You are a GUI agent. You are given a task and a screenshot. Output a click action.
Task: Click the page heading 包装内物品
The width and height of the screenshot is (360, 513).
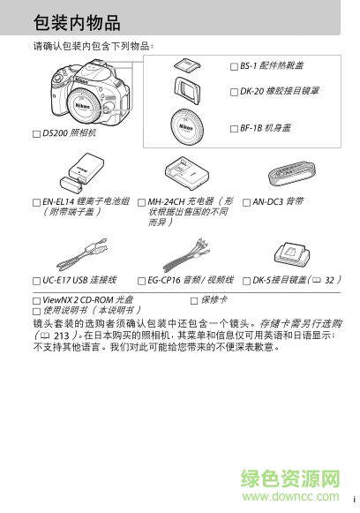tap(77, 22)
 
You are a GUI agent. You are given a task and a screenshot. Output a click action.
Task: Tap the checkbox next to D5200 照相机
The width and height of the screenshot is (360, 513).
tap(36, 134)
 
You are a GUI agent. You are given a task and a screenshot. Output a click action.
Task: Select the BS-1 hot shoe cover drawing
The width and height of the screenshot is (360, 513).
tap(186, 64)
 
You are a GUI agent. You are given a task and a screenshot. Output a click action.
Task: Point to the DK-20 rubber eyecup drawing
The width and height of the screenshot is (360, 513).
tap(187, 90)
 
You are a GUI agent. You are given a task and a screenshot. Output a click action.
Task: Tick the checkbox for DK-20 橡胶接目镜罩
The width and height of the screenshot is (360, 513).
tap(233, 91)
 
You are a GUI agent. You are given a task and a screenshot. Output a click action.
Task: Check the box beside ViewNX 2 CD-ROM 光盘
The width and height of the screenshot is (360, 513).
tap(36, 301)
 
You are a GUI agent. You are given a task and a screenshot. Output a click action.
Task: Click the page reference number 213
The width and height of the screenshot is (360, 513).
tap(59, 336)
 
